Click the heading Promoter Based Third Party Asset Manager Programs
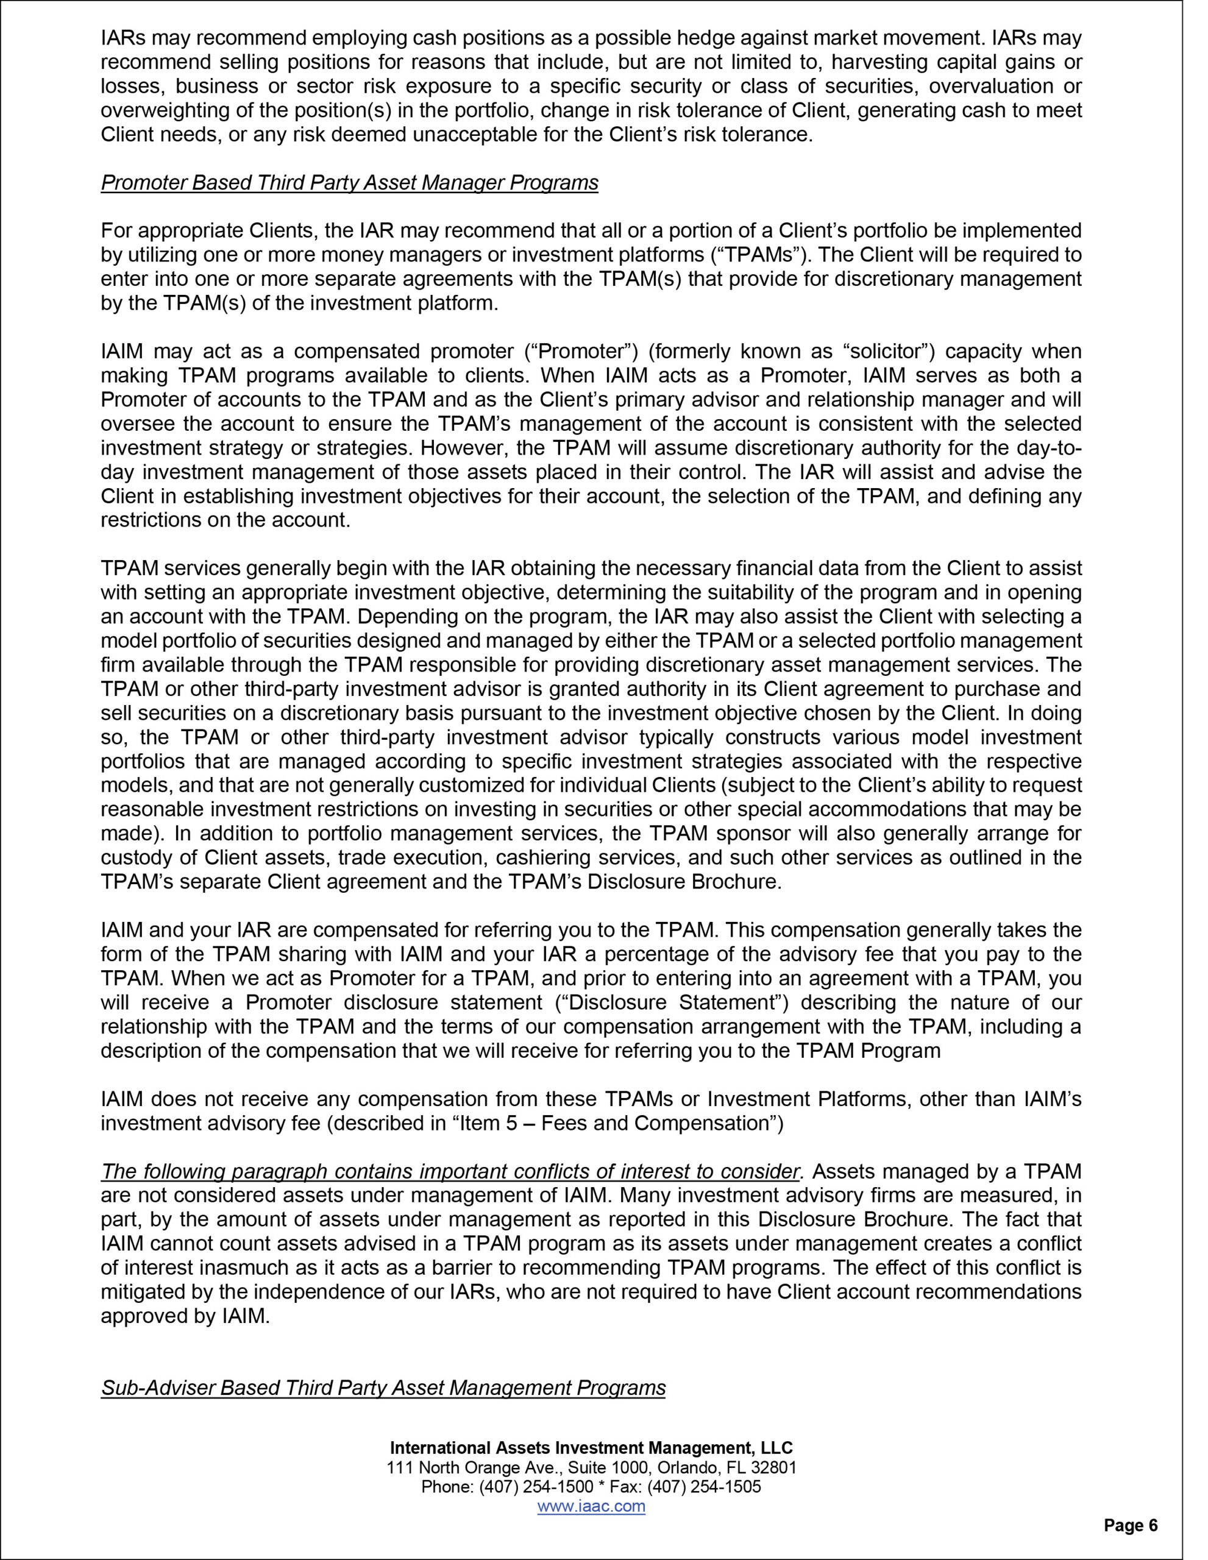[x=349, y=183]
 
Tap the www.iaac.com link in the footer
[x=591, y=1506]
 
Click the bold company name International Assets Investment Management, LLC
[x=591, y=1448]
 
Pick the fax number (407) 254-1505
[x=705, y=1487]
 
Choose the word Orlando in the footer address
[x=684, y=1468]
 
